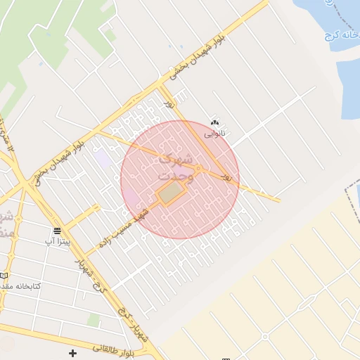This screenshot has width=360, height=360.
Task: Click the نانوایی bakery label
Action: tap(214, 132)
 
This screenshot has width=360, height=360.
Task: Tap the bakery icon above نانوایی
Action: tap(214, 122)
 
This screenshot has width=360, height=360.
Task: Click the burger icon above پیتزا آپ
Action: tap(57, 231)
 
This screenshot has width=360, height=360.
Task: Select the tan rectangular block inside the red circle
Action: tap(169, 193)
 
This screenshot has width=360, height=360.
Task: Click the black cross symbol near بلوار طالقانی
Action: tap(72, 352)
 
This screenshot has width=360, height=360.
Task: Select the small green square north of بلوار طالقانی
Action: tap(93, 321)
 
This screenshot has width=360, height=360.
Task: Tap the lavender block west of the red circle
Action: tap(104, 159)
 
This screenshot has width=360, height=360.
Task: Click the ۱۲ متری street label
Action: tap(6, 129)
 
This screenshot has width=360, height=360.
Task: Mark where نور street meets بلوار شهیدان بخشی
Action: tap(162, 87)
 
